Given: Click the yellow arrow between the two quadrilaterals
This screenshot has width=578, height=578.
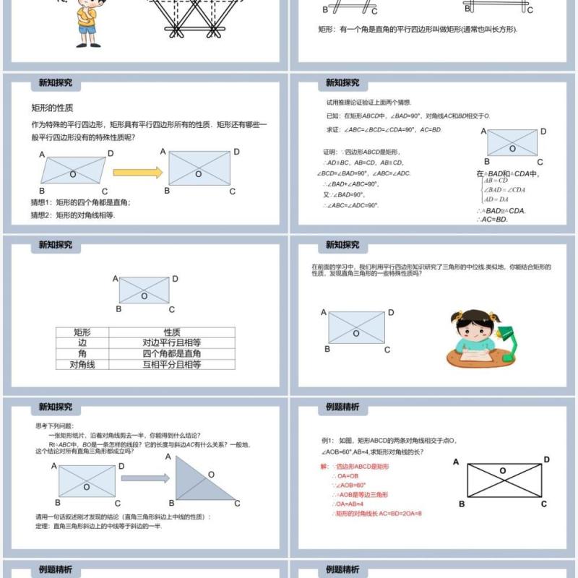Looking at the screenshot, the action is click(137, 173).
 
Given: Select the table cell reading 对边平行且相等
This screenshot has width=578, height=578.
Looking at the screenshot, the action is click(171, 342).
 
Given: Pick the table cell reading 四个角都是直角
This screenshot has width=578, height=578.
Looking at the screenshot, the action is click(171, 353).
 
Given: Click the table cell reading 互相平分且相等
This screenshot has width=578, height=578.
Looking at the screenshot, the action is click(171, 365).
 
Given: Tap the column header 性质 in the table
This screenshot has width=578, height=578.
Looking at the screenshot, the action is click(171, 332).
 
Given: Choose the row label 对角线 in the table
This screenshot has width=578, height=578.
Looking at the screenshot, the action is click(82, 365).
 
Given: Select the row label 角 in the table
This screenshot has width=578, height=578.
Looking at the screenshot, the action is click(82, 353).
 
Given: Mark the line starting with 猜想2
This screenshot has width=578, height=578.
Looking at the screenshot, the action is click(72, 215).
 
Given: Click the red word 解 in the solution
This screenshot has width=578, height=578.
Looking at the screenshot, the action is click(324, 467).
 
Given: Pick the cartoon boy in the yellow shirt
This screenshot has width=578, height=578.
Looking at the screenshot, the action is click(87, 20).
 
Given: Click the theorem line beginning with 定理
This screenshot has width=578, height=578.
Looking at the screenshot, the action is click(98, 527).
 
